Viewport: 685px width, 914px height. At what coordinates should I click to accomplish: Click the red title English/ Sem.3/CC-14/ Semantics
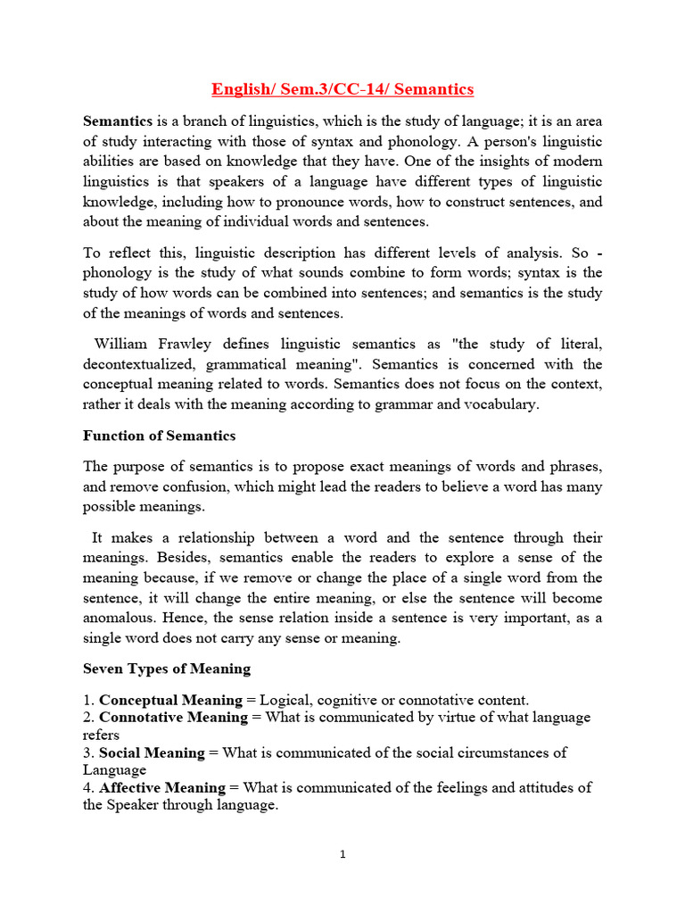(x=342, y=89)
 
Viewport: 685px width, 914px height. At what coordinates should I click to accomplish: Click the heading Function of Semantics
(x=159, y=436)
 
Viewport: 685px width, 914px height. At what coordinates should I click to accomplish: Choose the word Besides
(x=126, y=559)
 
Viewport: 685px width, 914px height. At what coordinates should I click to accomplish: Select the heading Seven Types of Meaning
(x=167, y=668)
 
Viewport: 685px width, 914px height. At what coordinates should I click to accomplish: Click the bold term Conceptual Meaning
(x=170, y=700)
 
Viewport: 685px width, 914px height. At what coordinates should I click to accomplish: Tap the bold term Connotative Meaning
(x=173, y=718)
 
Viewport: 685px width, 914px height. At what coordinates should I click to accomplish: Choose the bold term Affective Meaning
(x=162, y=787)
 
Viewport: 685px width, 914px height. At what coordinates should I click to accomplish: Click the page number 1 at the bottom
(x=342, y=854)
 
